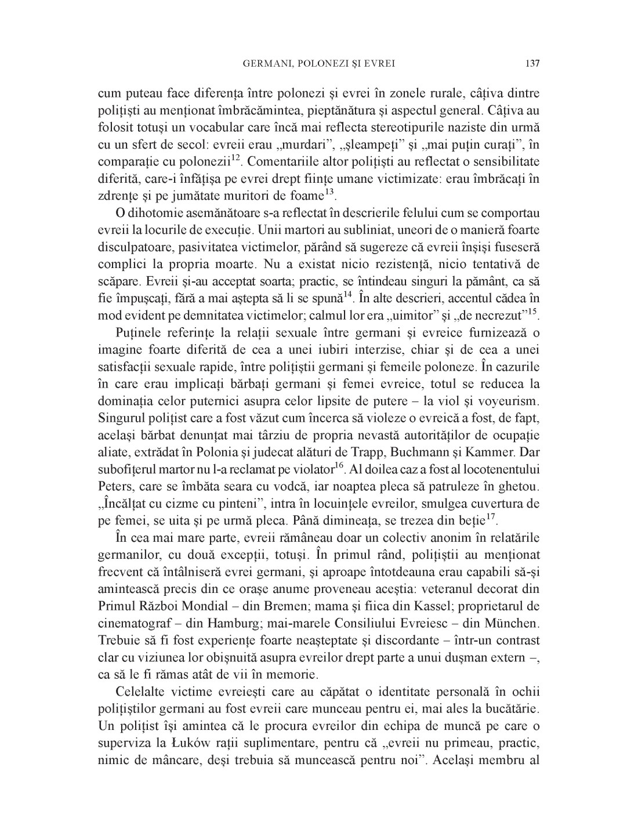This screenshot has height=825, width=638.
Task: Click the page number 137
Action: pyautogui.click(x=532, y=63)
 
